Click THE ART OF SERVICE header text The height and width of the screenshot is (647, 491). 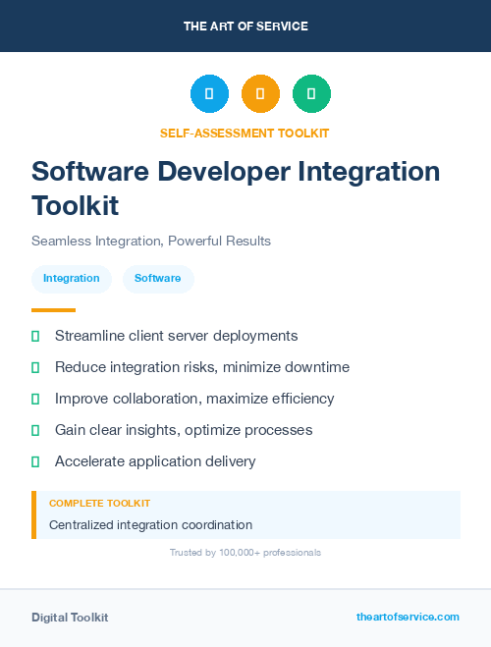[245, 27]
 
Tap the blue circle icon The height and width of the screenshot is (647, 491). [209, 94]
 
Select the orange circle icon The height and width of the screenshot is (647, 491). [260, 94]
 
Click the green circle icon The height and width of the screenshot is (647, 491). [311, 94]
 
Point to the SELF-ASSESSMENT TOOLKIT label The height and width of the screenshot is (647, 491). [245, 133]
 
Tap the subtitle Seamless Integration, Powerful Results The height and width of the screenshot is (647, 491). [151, 241]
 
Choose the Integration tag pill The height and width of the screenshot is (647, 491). [72, 279]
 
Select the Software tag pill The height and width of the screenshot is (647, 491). [158, 279]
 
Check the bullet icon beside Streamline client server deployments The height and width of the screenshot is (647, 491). [35, 336]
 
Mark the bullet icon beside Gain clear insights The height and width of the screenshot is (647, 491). [35, 430]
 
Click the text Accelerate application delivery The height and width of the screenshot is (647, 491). [155, 461]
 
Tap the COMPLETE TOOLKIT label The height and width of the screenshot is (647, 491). [99, 503]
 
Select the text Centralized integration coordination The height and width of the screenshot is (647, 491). [150, 525]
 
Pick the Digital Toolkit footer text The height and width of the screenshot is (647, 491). [70, 618]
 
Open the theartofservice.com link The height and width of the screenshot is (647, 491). [408, 617]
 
